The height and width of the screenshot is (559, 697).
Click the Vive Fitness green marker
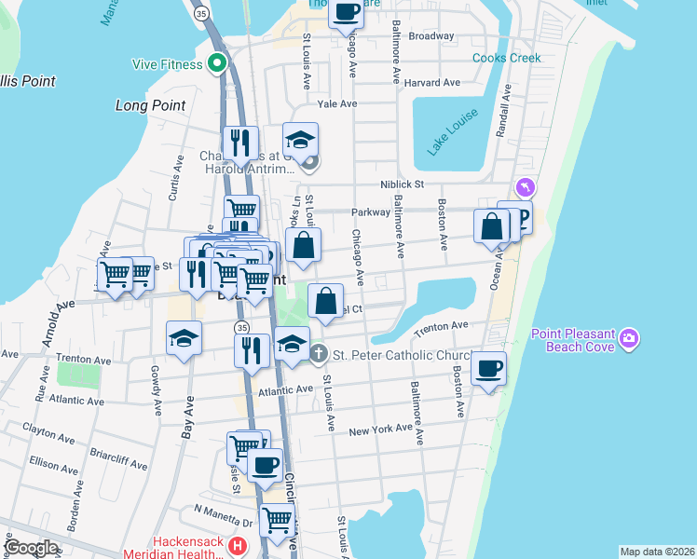218,64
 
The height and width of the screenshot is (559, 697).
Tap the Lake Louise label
453,131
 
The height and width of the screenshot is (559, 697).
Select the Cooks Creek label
506,58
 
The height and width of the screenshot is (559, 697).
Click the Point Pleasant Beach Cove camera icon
631,336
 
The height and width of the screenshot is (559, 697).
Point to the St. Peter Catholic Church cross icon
319,354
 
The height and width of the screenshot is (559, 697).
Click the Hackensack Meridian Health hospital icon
239,546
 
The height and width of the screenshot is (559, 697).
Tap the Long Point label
150,105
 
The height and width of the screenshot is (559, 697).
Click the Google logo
31,548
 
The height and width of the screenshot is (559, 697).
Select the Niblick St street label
402,184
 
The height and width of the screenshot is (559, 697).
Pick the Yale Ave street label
337,104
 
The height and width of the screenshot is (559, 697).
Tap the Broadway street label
431,36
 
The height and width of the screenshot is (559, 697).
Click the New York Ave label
380,429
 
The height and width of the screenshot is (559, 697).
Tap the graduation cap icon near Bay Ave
184,337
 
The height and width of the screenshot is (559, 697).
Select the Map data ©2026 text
657,552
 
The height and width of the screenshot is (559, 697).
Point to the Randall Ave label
504,113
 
